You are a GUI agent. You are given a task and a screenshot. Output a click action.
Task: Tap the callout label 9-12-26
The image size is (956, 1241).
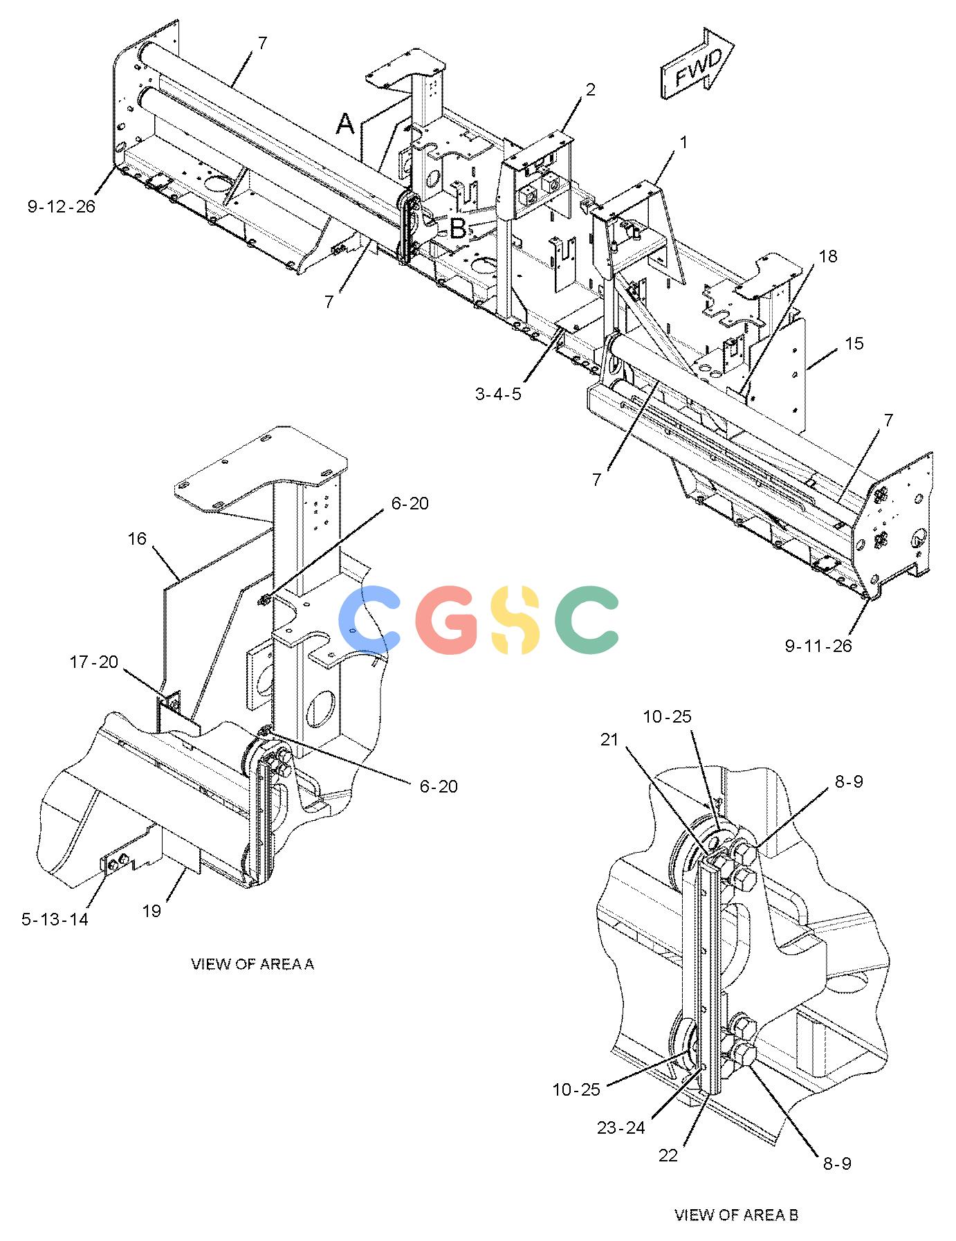62,206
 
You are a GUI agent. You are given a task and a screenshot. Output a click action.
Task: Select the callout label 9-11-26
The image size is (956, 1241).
818,646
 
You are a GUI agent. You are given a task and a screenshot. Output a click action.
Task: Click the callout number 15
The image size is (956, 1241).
854,343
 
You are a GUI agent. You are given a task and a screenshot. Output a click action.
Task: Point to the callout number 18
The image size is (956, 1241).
827,256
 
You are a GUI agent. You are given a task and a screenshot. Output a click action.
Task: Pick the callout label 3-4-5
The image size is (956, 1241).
498,394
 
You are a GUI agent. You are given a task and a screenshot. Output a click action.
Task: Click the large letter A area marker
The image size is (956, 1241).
345,125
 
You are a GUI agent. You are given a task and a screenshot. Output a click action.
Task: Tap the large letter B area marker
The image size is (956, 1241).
458,229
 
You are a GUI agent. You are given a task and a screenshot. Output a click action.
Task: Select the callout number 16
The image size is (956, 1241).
138,538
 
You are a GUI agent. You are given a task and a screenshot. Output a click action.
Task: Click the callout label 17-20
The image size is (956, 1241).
94,662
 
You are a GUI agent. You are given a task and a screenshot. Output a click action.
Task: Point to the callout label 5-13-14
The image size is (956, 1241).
55,919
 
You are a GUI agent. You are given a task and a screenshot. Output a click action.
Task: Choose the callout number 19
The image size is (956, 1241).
151,911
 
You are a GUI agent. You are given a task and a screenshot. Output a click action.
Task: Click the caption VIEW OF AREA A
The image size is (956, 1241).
252,964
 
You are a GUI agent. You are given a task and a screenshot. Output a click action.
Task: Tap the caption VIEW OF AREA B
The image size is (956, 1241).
737,1215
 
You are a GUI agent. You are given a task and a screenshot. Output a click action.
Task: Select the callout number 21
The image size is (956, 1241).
609,740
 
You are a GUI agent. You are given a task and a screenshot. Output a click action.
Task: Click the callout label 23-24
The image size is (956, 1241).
621,1127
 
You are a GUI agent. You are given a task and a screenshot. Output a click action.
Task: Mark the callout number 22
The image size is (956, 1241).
668,1155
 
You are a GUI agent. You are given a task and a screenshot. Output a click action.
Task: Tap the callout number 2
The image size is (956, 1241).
590,89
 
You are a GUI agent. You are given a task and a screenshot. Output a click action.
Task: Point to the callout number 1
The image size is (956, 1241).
684,143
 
